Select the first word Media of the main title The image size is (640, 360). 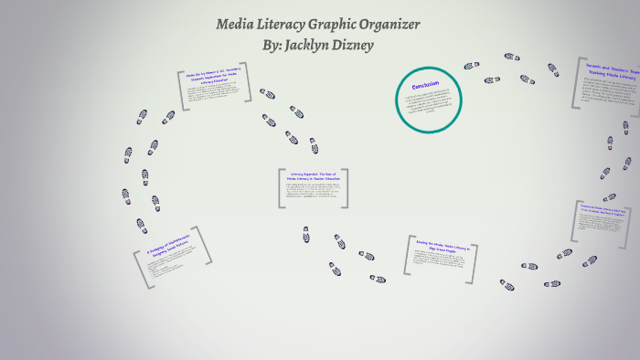236,25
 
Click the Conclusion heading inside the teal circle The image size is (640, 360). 425,83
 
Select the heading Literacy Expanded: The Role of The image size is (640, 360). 313,175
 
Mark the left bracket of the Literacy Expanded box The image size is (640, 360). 281,188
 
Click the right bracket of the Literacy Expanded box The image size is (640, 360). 346,188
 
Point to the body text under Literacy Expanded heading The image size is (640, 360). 313,194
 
